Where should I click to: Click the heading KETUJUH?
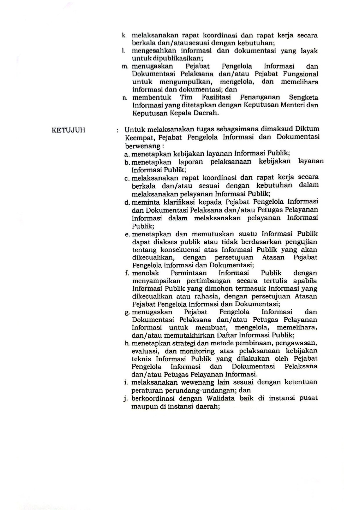point(69,130)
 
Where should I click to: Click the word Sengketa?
point(303,97)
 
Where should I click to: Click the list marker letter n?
point(125,98)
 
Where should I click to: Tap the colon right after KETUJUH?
point(117,130)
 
